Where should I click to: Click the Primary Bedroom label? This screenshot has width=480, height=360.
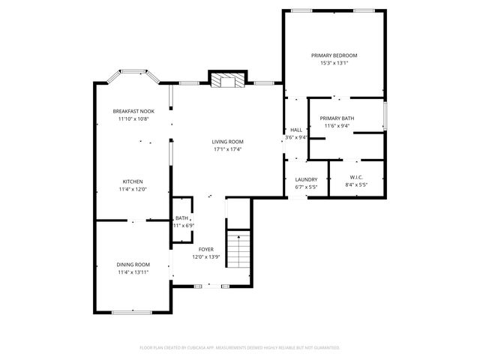pos(334,55)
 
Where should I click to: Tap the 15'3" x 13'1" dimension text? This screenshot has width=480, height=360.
pos(334,63)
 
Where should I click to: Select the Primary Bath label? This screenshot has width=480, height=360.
pos(337,118)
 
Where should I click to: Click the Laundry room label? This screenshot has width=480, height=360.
pos(306,179)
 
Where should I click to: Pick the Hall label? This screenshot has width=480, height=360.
pos(296,130)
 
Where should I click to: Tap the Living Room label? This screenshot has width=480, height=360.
pos(227,141)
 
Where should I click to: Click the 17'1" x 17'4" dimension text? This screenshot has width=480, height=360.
pos(227,148)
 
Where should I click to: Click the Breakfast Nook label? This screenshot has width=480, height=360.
pos(133,111)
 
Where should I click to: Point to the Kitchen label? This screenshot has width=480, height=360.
pos(133,181)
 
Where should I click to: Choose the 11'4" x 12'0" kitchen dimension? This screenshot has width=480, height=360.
pos(133,189)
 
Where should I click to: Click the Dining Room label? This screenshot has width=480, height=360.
pos(133,264)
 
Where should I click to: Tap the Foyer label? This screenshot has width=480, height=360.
pos(205,249)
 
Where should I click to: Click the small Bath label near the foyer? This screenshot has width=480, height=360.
pos(182,217)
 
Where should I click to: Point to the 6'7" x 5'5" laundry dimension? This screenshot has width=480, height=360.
pos(306,187)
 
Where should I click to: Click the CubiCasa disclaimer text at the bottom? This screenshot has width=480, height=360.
pos(240,347)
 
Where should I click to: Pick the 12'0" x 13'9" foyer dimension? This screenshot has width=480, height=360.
pos(205,257)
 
